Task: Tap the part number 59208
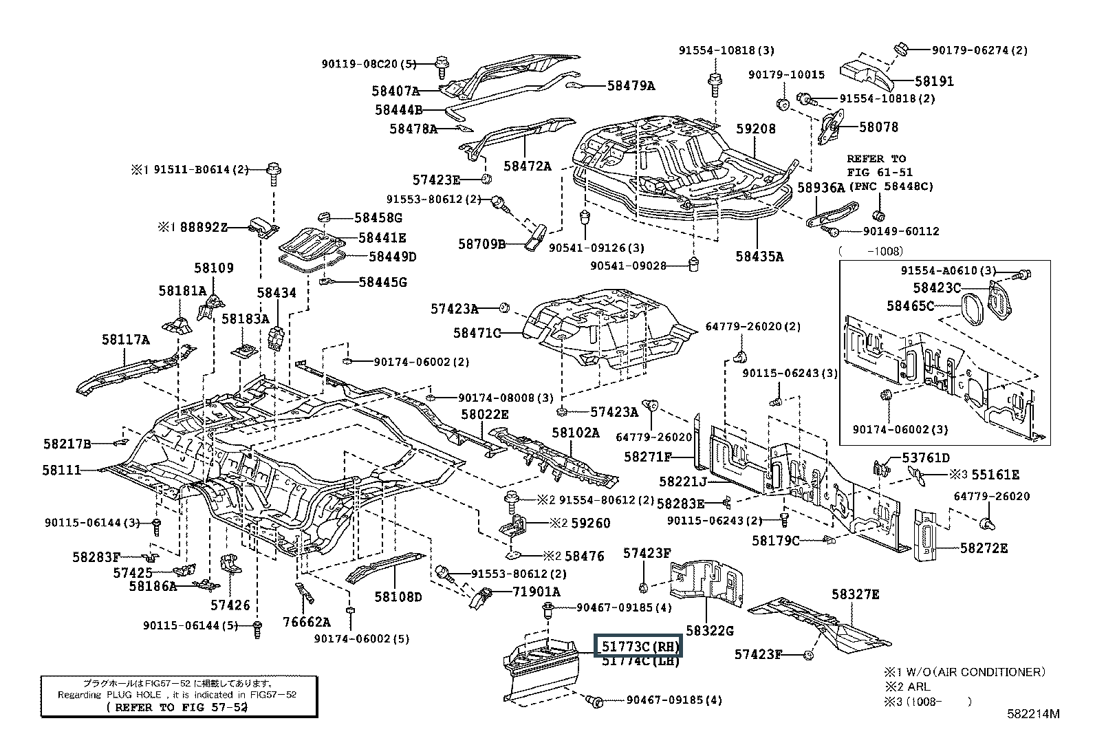(755, 129)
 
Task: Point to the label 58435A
(759, 257)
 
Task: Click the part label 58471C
(477, 333)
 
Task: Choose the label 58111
(61, 470)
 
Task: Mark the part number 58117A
(125, 339)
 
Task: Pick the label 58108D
(398, 596)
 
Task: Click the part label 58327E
(855, 594)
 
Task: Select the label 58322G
(710, 630)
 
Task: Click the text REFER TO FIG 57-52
(177, 707)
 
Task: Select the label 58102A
(575, 433)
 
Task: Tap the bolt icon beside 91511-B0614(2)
(273, 172)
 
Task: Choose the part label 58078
(878, 127)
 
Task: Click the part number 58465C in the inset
(909, 305)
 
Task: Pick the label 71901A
(536, 592)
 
